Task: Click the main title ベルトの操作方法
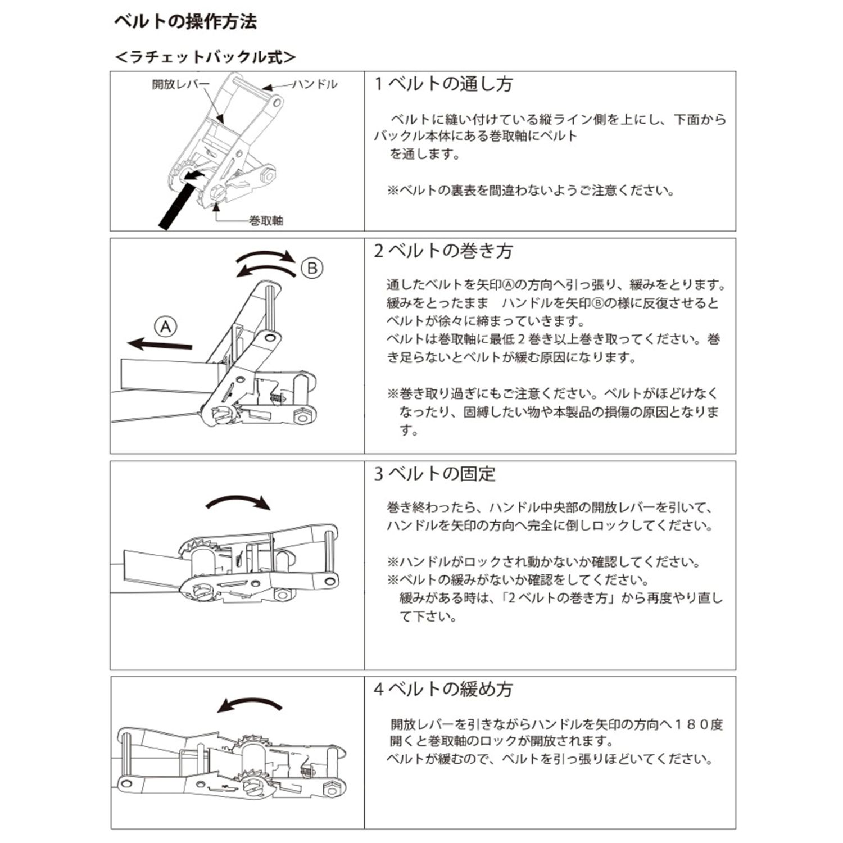point(185,22)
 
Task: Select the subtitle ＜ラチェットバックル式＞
point(205,57)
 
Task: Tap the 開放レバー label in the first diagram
point(180,85)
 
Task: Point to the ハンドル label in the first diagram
point(315,84)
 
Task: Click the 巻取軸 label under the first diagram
point(266,221)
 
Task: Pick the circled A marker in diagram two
point(166,327)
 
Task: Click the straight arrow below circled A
point(160,344)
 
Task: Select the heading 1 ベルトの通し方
point(443,84)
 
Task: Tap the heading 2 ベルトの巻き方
point(443,251)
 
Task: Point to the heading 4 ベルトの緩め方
point(443,689)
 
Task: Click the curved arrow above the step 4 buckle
point(250,705)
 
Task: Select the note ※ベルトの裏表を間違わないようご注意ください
point(531,191)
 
